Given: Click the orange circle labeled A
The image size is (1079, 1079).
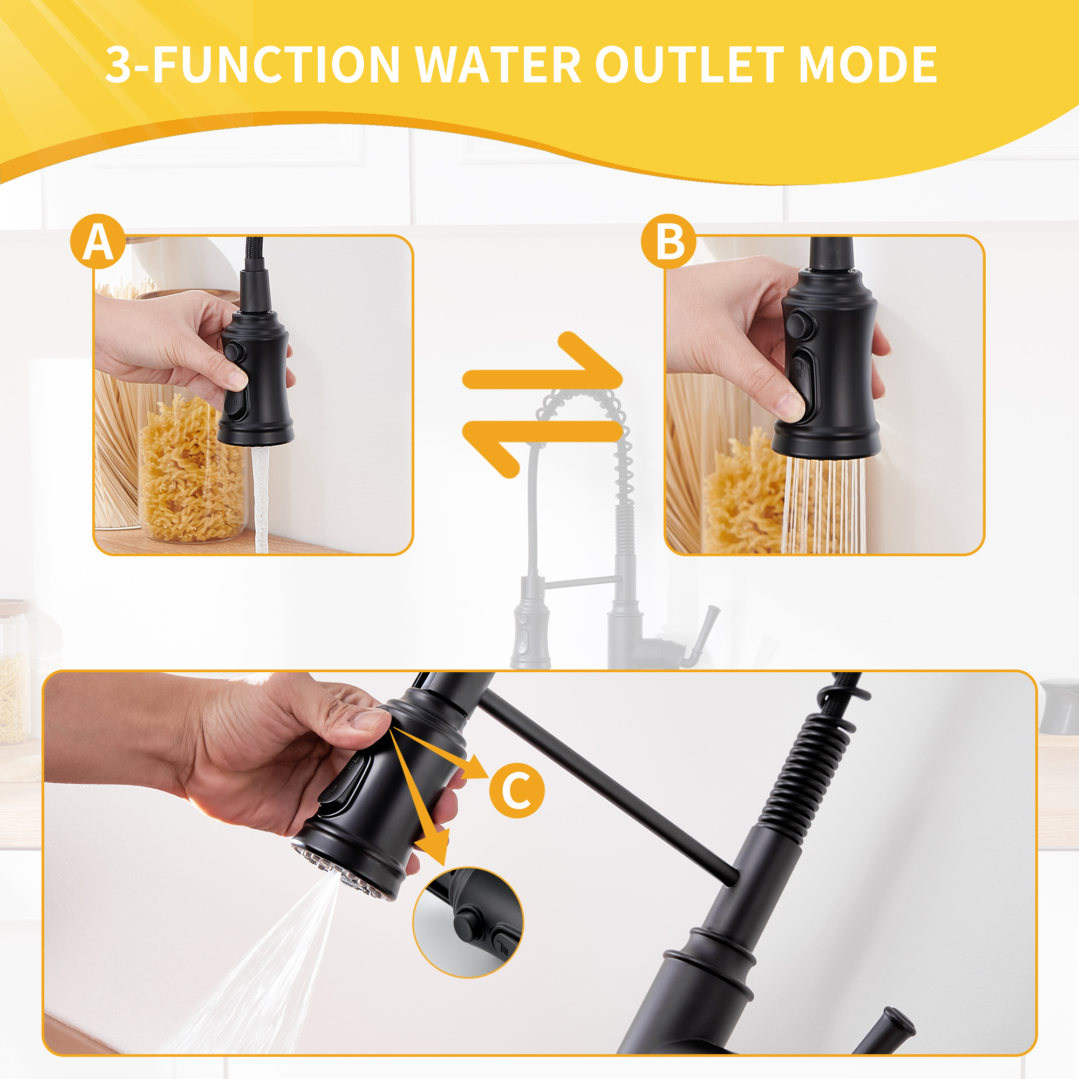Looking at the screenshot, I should click(98, 241).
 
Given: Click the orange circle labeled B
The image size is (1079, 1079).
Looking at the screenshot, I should click(668, 241).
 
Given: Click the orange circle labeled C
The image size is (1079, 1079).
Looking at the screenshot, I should click(517, 791).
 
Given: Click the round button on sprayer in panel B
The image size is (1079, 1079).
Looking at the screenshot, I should click(800, 324).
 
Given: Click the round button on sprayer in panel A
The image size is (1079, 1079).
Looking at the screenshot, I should click(234, 353).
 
